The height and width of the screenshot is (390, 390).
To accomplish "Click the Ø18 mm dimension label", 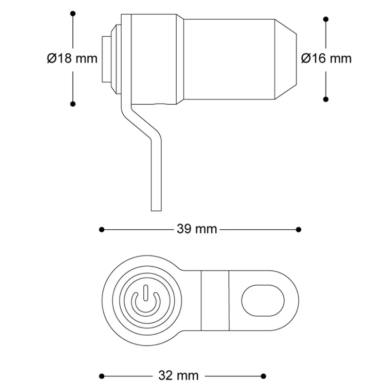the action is point(72,59).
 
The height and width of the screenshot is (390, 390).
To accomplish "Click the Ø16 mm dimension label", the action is point(326,59).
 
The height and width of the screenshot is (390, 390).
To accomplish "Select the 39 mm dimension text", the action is point(197,229).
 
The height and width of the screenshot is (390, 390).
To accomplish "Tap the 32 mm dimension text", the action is point(179,375).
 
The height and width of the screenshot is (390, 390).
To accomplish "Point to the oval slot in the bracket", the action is point(263,300).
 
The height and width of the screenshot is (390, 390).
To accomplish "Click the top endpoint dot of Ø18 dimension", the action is point(73,14).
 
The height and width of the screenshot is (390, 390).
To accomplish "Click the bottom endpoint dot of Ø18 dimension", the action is point(73,104).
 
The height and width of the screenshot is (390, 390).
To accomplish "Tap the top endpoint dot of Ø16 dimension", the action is point(326,19).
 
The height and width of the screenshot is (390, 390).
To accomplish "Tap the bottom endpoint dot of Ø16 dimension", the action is point(326,99).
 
